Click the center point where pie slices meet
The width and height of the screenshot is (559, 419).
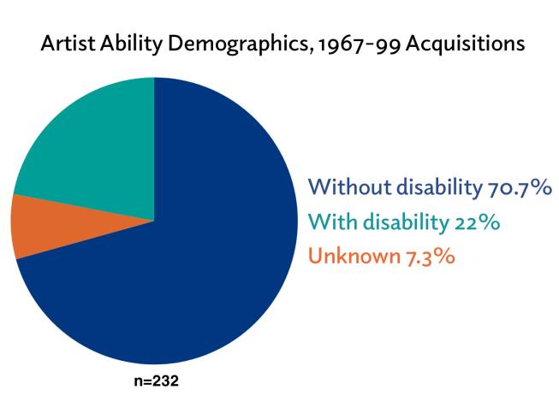coord(154,221)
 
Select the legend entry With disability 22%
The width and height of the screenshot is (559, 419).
coord(403,221)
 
